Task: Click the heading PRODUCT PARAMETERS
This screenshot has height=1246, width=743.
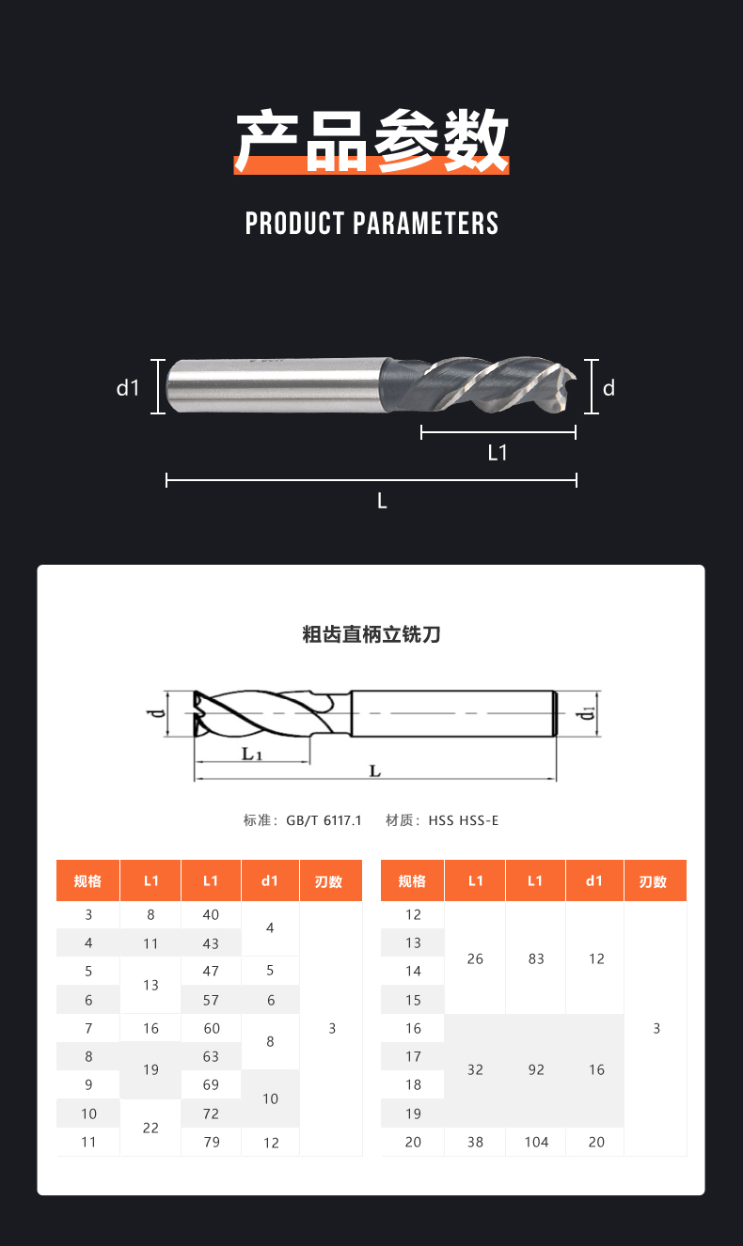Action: coord(371,224)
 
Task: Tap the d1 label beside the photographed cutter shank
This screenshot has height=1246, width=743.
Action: coord(128,388)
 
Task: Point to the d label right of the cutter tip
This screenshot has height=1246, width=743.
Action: coord(609,388)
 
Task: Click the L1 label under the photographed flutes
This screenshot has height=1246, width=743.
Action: coord(498,453)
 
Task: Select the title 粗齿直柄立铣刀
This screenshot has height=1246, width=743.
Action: coord(371,634)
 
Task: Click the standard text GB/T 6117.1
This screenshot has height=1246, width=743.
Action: coord(324,820)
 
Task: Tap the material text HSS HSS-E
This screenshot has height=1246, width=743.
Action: coord(464,820)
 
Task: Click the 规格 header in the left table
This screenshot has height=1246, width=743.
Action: coord(87,881)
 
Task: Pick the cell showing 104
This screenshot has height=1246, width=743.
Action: coord(536,1142)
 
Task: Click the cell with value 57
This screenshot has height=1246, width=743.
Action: coord(211,1000)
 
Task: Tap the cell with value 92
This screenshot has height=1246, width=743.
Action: coord(536,1069)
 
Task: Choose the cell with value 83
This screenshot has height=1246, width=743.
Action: coord(536,958)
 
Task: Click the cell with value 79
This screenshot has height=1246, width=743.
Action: coord(212,1142)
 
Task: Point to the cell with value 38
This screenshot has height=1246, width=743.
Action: coord(475,1142)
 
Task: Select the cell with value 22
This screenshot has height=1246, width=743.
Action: coord(150,1128)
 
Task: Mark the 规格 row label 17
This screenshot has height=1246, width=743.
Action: coord(413,1056)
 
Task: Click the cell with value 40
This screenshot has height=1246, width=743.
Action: coord(211,914)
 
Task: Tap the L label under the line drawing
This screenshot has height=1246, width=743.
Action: coord(375,771)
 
